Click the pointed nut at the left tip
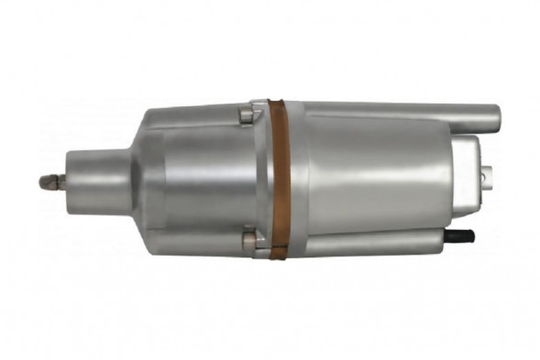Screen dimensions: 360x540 coord(47,181)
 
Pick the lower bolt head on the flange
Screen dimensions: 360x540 coord(247,243)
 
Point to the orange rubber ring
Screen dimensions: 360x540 coord(281,179)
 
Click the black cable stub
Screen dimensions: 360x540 coord(462,235)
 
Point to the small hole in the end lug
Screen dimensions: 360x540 coord(487,170)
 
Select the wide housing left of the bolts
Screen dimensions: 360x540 coord(202,179)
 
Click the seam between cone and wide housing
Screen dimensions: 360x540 coord(163,179)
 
